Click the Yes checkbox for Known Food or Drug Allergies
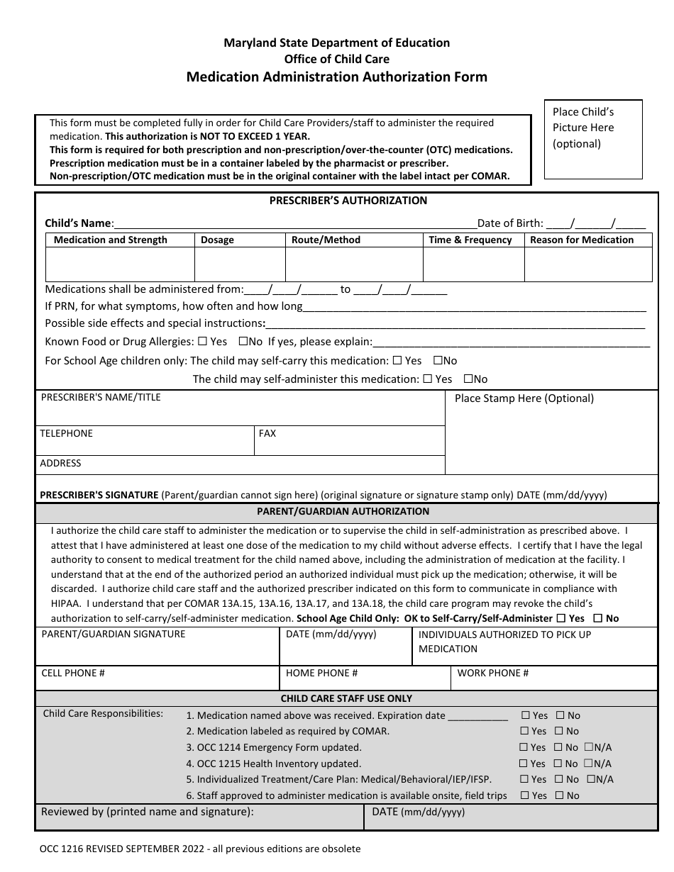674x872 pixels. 203,342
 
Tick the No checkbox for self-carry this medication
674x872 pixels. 437,361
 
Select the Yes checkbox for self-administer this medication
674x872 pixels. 427,379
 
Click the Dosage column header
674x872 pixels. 217,240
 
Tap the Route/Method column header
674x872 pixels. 326,240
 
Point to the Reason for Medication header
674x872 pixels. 582,240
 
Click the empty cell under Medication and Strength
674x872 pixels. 120,265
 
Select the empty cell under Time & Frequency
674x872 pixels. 473,265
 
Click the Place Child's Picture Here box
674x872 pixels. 592,139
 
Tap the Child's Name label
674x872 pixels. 78,223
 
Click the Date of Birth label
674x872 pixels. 510,223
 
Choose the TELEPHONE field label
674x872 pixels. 66,433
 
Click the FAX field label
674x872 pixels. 267,433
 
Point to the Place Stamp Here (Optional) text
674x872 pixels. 524,398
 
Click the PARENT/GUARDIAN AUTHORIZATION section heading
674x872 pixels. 343,511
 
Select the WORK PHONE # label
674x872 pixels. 493,673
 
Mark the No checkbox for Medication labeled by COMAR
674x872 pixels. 560,731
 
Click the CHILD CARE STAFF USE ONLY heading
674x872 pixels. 346,698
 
